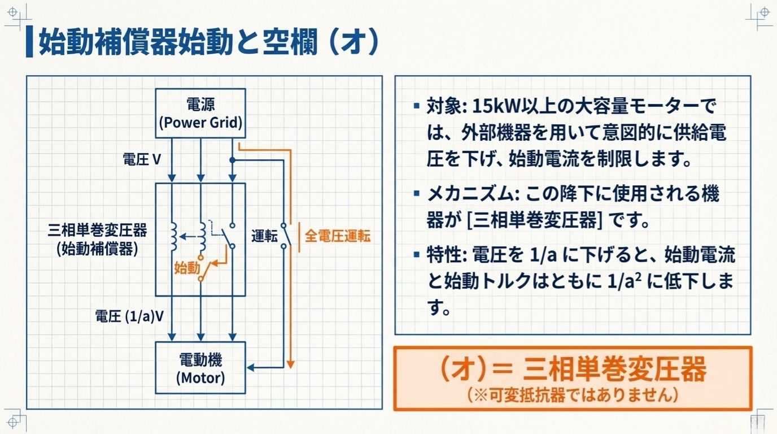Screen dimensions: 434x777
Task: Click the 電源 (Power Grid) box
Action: click(x=200, y=113)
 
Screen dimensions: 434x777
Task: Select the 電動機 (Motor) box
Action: click(x=200, y=367)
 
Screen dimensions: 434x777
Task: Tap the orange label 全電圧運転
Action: click(x=338, y=236)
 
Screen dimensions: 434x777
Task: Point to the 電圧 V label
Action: click(x=142, y=159)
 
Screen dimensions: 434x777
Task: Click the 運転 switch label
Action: click(x=264, y=236)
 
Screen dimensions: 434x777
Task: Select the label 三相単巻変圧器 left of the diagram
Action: click(x=98, y=230)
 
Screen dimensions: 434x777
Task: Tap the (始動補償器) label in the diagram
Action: click(x=98, y=249)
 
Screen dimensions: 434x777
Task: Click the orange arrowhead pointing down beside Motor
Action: click(x=290, y=363)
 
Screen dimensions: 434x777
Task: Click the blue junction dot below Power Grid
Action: click(x=232, y=160)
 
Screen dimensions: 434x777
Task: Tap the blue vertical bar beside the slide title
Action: click(x=29, y=42)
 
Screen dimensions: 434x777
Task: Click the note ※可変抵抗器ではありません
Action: click(x=572, y=395)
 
